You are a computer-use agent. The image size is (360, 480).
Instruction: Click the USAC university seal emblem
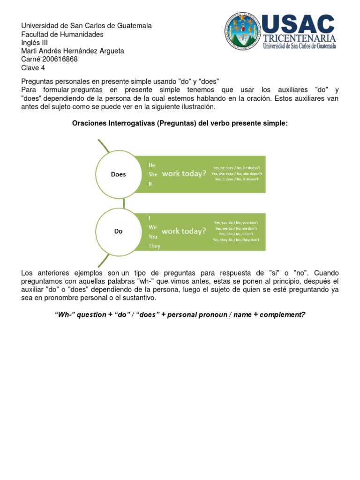[x=242, y=31]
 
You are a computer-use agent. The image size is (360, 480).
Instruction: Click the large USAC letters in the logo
[x=298, y=24]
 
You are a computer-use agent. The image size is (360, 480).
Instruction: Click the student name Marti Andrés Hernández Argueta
[x=73, y=51]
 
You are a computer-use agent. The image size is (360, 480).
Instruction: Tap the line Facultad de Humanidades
[x=62, y=34]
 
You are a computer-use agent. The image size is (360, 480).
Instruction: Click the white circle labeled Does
[x=118, y=174]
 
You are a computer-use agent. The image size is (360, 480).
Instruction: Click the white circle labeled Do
[x=118, y=231]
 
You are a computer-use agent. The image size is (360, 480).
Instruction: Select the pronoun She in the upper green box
[x=153, y=174]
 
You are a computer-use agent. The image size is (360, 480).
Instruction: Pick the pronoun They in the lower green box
[x=154, y=246]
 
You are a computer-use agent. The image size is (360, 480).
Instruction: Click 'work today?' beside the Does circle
[x=184, y=174]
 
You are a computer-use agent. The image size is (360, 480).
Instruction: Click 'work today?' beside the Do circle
[x=184, y=231]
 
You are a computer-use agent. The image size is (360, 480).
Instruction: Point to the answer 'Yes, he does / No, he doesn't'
[x=237, y=168]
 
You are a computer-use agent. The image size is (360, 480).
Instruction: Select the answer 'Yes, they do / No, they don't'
[x=236, y=240]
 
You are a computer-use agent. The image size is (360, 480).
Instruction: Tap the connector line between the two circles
[x=124, y=202]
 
